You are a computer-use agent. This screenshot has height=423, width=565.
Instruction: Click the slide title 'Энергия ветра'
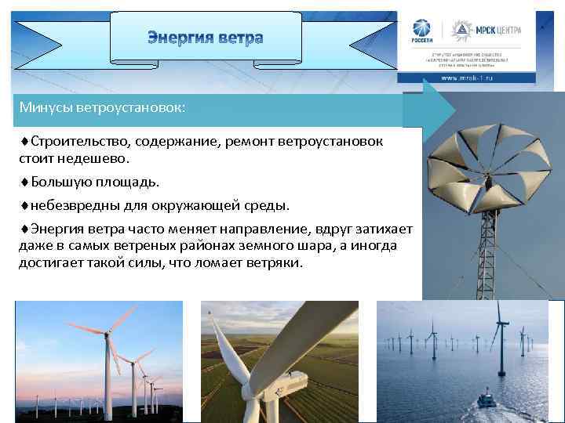[206, 38]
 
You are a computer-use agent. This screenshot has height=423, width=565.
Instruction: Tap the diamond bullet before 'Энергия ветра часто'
[24, 230]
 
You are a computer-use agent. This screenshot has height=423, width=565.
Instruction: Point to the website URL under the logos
[466, 79]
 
